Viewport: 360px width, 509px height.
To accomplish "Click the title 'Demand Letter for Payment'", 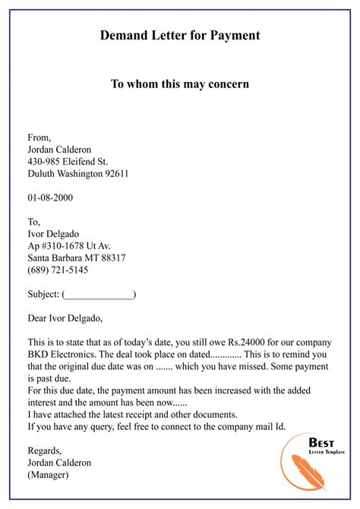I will pos(180,35).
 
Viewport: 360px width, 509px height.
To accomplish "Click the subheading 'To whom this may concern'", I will pos(180,84).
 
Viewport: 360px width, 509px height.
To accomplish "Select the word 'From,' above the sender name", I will pos(39,138).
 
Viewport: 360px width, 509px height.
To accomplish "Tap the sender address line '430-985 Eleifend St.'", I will pos(67,161).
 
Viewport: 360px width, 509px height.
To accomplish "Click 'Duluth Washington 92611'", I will pos(77,173).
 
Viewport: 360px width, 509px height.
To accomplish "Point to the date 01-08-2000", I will pos(50,198).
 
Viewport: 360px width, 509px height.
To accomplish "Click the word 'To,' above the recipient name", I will pos(33,221).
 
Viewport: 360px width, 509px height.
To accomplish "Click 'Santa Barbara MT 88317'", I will pos(76,258).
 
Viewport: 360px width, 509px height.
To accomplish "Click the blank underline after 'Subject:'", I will pos(99,294).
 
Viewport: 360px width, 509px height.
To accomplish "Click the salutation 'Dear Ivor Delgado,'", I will pos(65,318).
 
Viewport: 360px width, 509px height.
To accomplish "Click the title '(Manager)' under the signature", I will pos(48,475).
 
